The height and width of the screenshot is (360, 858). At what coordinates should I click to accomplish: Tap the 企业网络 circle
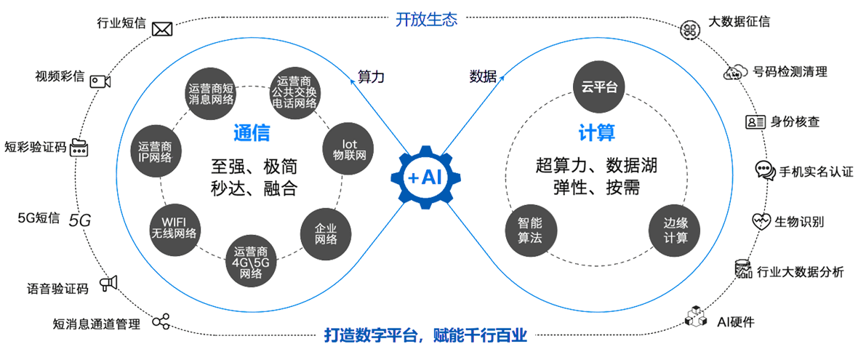pyautogui.click(x=325, y=231)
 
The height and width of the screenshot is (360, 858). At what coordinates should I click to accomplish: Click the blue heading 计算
pyautogui.click(x=597, y=133)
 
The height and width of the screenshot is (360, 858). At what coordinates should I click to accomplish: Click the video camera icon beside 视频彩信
pyautogui.click(x=100, y=81)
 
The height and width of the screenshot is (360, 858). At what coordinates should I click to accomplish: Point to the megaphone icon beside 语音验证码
pyautogui.click(x=108, y=284)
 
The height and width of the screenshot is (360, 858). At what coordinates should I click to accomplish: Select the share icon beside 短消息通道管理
pyautogui.click(x=160, y=321)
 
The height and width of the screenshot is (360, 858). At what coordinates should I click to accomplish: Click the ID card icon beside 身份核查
pyautogui.click(x=755, y=121)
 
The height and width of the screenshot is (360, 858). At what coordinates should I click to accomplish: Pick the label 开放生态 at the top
pyautogui.click(x=426, y=20)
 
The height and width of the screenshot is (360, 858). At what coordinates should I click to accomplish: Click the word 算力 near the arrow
pyautogui.click(x=371, y=76)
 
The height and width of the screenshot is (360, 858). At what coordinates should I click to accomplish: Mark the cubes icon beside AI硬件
pyautogui.click(x=696, y=316)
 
